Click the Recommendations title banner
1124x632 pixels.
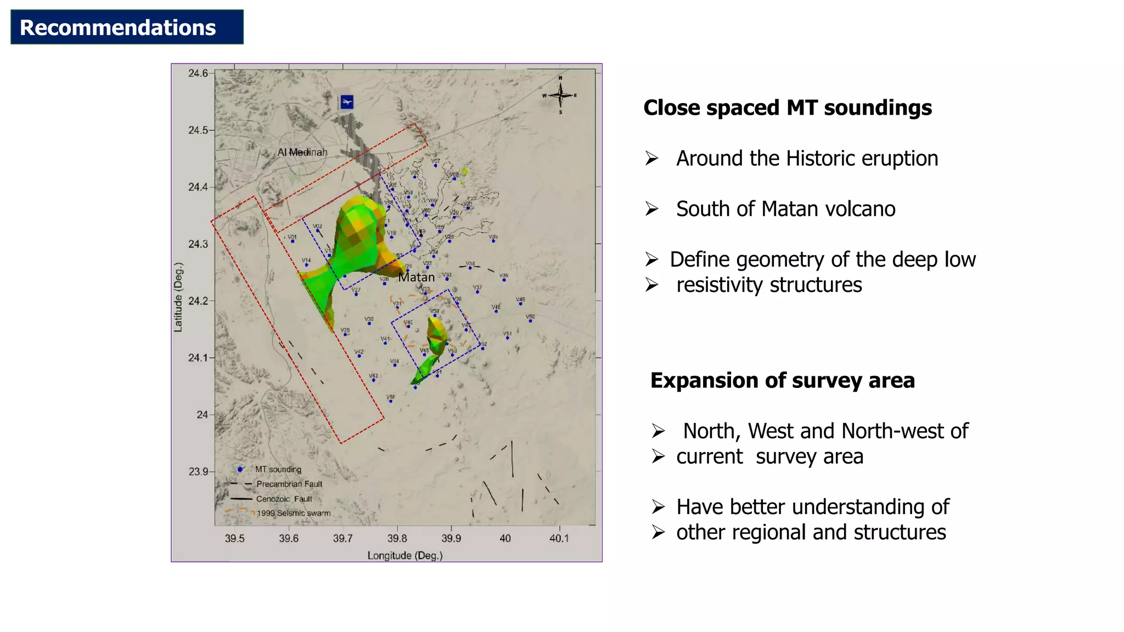pos(127,27)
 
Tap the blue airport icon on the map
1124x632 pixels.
pos(347,102)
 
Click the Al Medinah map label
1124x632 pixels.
pos(302,152)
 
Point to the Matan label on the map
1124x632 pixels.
pos(416,278)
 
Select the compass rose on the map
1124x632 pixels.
pos(560,95)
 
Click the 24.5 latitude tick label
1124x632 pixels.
pos(198,130)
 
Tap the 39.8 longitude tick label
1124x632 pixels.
pos(397,538)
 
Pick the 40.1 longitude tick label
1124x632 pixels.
pos(559,538)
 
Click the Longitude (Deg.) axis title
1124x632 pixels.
pos(404,555)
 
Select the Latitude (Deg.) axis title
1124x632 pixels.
pos(178,297)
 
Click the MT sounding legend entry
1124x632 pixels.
pos(278,470)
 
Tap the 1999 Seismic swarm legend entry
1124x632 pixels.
pos(294,513)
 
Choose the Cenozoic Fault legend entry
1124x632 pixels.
pos(284,499)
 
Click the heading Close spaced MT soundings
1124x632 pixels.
pos(787,108)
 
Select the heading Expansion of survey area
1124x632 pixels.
pos(782,380)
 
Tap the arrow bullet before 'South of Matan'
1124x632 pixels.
pos(651,209)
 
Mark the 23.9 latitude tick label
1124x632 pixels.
pos(198,471)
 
